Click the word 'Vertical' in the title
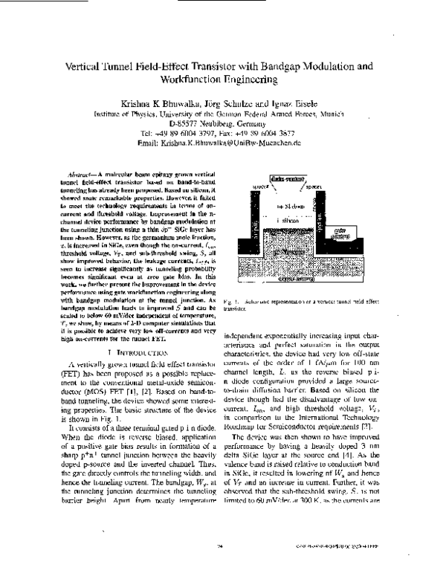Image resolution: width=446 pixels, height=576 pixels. (94, 66)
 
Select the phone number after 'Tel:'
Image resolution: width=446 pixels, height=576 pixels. (175, 133)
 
